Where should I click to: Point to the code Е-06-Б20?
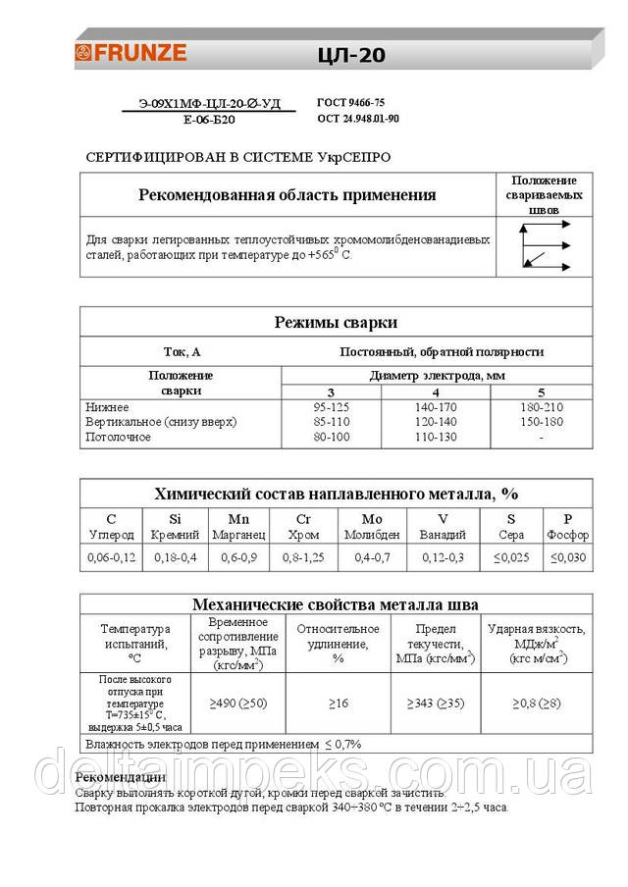(209, 120)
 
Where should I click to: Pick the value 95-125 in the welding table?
(331, 406)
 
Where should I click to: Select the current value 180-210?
(541, 406)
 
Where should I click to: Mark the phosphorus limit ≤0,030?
(568, 556)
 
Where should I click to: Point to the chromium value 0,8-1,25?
(302, 556)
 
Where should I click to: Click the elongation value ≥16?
(338, 703)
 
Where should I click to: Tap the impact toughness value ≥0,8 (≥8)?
(536, 703)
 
